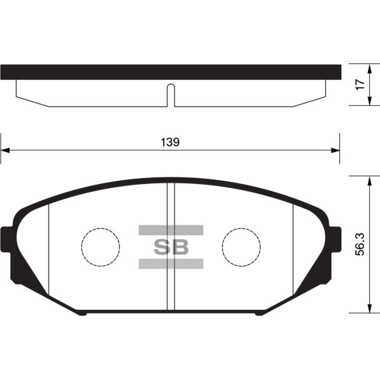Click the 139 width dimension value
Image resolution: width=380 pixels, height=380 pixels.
(171, 142)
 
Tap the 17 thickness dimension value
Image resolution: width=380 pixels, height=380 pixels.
(360, 85)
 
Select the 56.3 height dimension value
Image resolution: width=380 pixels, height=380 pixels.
(360, 245)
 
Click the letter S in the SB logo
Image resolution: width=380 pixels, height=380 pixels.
(163, 247)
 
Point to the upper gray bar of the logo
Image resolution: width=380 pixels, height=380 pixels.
(171, 231)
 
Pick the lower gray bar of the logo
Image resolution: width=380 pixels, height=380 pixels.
(171, 264)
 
